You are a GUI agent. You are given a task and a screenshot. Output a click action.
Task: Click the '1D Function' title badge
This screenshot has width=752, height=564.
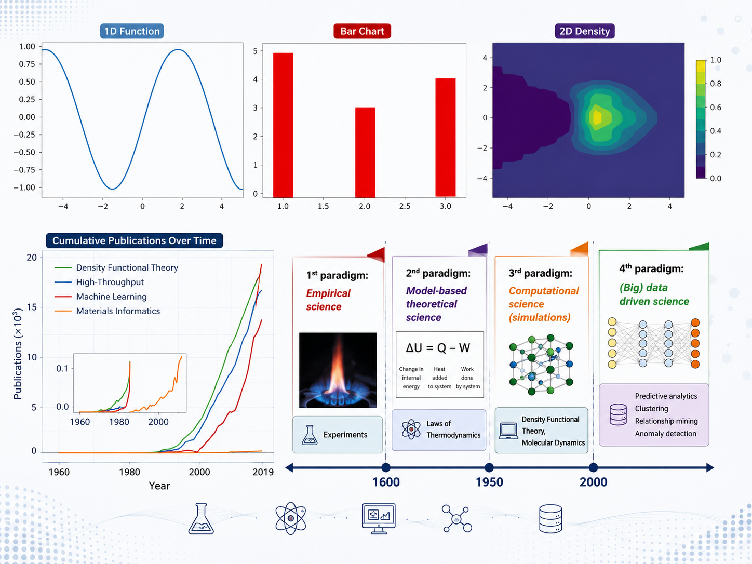point(132,31)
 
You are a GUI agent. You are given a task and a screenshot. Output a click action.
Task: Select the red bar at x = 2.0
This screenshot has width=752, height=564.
point(365,152)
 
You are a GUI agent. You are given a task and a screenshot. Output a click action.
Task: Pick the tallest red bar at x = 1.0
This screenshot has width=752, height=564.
point(283,125)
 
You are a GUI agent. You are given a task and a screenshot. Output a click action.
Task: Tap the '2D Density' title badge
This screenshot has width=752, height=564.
point(584,31)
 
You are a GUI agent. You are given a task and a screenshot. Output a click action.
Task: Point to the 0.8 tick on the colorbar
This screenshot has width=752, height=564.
point(715,84)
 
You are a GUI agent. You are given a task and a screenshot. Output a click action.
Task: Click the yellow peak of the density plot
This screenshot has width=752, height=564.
point(597,117)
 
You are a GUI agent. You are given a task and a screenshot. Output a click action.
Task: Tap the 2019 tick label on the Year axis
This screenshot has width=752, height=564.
point(263,472)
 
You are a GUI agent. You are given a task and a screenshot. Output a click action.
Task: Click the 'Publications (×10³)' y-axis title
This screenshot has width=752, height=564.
point(18,354)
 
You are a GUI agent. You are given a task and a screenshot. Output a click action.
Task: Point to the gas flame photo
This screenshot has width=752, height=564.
point(338,370)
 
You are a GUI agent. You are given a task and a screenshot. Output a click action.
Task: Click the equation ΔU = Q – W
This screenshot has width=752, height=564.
point(438,348)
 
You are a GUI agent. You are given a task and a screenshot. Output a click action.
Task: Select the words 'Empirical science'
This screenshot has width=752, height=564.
point(328,300)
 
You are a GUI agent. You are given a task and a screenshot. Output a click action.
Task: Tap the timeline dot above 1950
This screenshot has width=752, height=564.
point(489,467)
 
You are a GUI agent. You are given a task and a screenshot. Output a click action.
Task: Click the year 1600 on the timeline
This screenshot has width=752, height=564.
point(386,482)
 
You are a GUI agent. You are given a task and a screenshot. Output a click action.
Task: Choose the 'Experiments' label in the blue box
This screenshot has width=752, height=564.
point(345,435)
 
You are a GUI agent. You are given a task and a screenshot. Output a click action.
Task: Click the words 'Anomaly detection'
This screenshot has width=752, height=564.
point(666,434)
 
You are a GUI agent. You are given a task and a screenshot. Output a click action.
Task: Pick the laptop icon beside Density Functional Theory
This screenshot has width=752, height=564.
point(508,431)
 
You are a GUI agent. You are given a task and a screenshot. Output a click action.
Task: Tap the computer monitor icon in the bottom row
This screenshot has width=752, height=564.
point(379,518)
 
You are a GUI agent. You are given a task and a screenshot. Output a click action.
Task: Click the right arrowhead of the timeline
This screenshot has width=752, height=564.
point(710,467)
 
